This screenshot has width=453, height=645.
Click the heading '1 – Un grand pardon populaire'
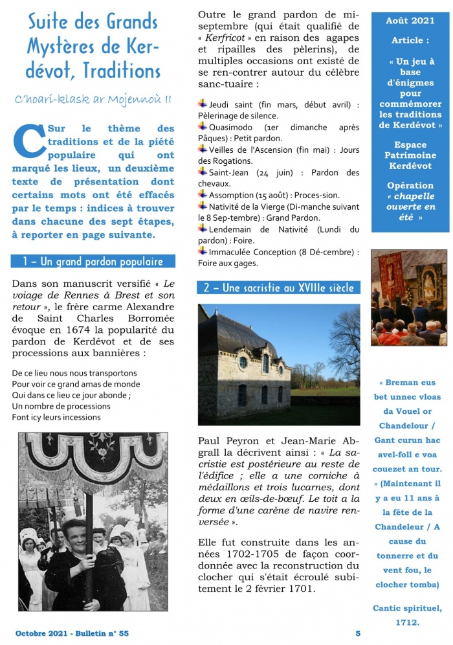pos(93,262)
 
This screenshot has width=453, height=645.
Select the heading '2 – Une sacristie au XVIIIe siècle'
pos(278,288)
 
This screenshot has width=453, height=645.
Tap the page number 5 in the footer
pos(358,633)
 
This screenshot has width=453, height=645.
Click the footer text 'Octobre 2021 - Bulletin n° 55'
pos(72,633)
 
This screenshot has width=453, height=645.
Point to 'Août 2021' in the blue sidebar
pos(410,21)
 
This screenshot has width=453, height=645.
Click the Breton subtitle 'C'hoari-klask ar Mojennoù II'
pos(93,99)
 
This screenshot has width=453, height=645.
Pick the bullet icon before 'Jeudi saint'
pos(203,104)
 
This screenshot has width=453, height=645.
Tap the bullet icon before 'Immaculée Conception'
pos(203,251)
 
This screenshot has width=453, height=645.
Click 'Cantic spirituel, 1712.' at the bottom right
pos(408,615)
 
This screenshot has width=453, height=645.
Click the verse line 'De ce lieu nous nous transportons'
pos(74,374)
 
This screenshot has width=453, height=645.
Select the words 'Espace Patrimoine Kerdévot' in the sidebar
pos(410,155)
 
